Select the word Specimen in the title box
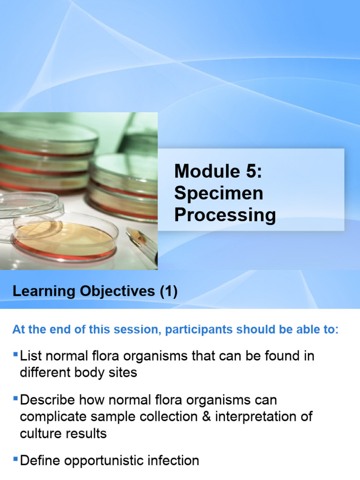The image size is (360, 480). pos(219,193)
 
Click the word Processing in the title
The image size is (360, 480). pos(225,215)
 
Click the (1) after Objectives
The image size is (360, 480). pos(168,292)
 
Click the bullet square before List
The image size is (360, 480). pos(16,353)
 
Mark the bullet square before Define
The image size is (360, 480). pos(16,458)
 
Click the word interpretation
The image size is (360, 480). pos(253,417)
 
